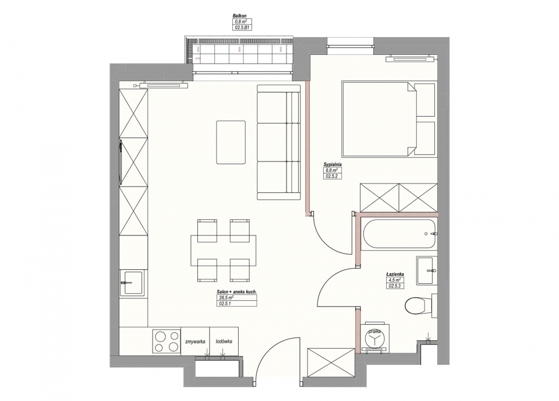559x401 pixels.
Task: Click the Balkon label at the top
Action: [x=239, y=16]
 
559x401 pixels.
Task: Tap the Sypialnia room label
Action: [x=332, y=164]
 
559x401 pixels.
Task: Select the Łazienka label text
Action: [x=395, y=274]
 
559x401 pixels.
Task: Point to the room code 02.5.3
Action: [x=395, y=286]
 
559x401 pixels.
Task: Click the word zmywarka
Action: [x=195, y=342]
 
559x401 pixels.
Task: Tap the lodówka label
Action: [x=224, y=342]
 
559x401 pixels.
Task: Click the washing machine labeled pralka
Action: [x=374, y=338]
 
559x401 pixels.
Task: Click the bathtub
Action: [x=398, y=234]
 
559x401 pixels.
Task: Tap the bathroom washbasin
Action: [x=426, y=270]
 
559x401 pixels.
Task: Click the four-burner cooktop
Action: [x=167, y=342]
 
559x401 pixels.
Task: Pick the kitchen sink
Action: [x=133, y=283]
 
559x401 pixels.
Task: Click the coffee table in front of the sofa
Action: [x=231, y=142]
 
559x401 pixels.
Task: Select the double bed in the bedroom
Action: [x=388, y=119]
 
